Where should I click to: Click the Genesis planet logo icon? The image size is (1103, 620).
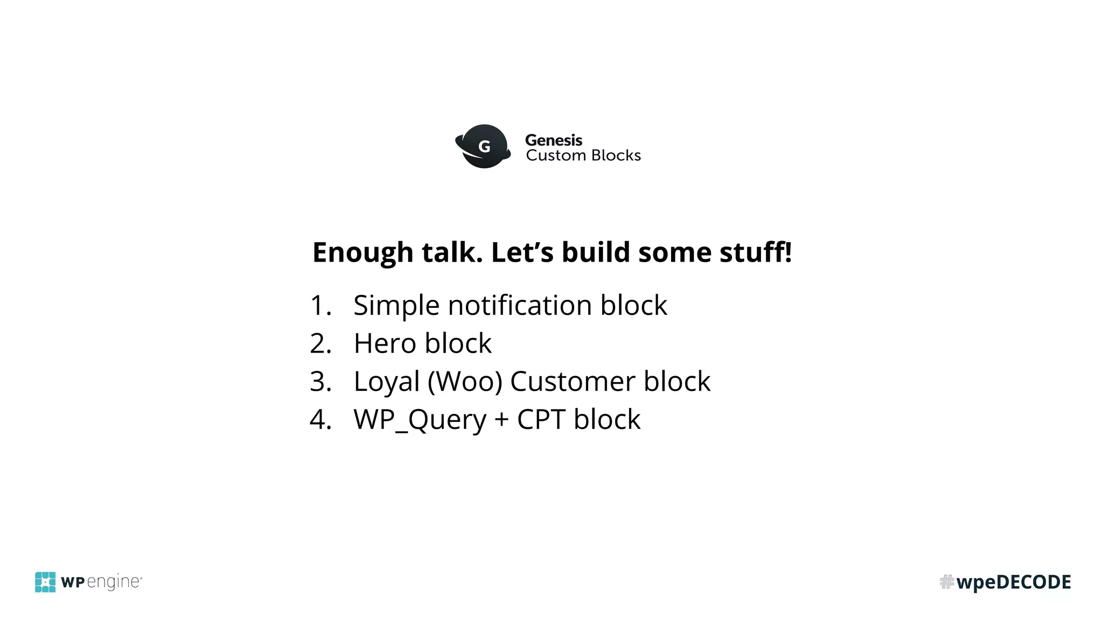483,146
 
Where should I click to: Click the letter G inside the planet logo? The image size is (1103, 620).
484,146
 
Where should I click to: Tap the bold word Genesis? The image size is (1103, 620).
553,140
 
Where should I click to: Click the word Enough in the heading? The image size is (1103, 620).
362,252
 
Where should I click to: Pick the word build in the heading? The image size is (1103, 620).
596,252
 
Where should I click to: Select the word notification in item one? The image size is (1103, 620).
520,305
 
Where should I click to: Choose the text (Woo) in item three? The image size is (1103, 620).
465,382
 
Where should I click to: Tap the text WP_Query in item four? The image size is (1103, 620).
420,420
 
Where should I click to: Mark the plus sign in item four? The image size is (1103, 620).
501,420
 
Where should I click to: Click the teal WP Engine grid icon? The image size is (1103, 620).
45,582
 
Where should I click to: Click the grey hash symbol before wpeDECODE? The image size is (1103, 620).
946,582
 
